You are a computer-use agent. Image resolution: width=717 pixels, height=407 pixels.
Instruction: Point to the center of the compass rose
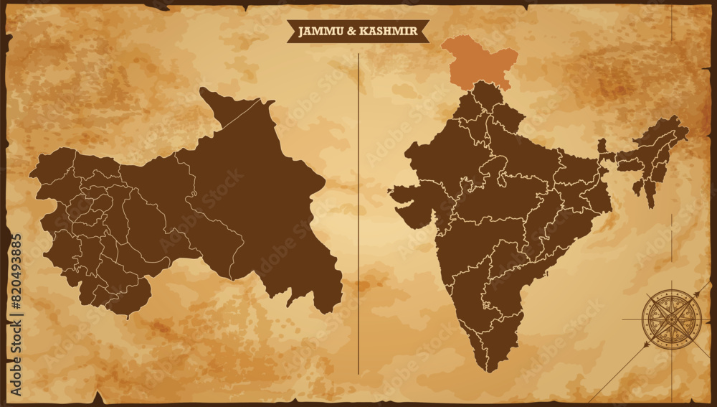[x=672, y=319]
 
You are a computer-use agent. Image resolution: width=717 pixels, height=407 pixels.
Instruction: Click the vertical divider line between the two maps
[x=358, y=215]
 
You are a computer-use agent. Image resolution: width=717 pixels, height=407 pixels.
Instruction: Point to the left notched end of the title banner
[x=290, y=31]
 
